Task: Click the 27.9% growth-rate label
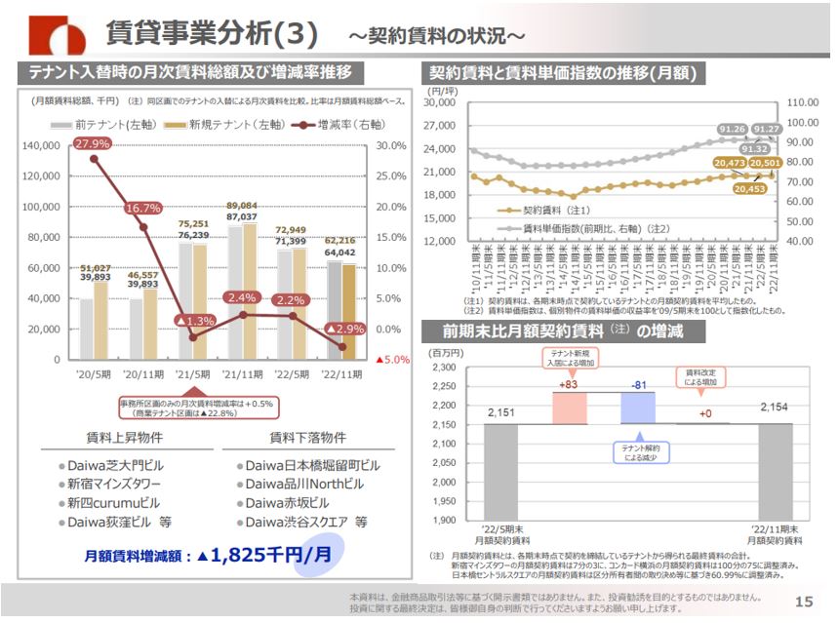[x=93, y=143]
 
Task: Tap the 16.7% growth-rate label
[x=142, y=209]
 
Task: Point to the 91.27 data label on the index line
[x=767, y=129]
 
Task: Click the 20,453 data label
[x=751, y=189]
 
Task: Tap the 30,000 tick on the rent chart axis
[x=440, y=102]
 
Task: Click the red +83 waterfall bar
[x=569, y=408]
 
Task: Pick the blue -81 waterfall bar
[x=638, y=408]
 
